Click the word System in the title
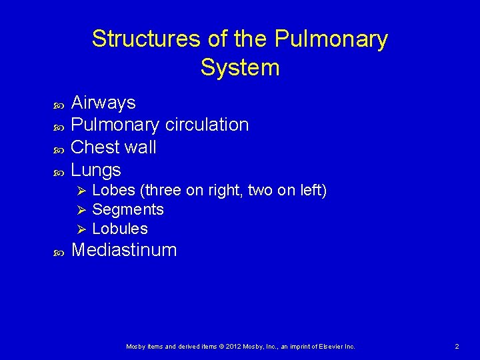tap(239, 67)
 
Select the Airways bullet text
tap(103, 103)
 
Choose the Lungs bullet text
tap(95, 169)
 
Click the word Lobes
tap(113, 191)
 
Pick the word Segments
tap(127, 210)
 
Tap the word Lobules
tap(120, 229)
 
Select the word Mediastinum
tap(123, 250)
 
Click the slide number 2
tap(457, 347)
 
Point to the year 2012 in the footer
tap(226, 347)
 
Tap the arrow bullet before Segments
tap(81, 210)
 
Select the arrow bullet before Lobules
tap(81, 229)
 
